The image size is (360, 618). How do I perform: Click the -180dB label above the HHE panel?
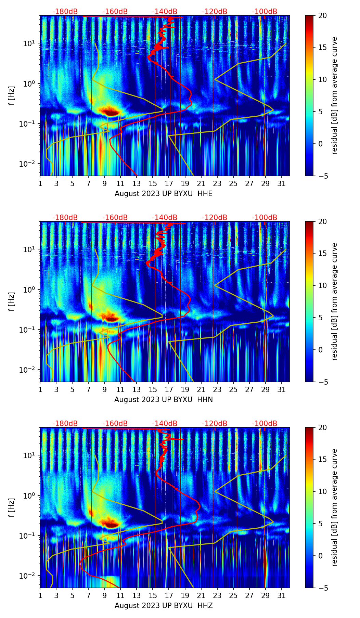tap(65, 12)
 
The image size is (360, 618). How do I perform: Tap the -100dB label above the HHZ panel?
tap(265, 424)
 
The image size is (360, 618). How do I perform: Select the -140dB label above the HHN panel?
tap(165, 218)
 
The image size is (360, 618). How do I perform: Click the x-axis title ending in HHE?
tap(163, 194)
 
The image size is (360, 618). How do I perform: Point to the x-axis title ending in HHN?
tap(163, 400)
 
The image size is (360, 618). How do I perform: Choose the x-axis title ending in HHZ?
tap(163, 606)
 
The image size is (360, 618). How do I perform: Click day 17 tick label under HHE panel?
tap(169, 183)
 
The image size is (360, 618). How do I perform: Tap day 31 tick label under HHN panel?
tap(281, 389)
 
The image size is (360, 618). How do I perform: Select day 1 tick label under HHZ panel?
tap(40, 595)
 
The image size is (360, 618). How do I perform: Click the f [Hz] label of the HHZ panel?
tap(12, 507)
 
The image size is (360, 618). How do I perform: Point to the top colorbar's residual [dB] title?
tap(334, 95)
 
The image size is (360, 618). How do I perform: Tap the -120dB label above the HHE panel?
tap(215, 12)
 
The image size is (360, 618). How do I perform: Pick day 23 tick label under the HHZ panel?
tap(217, 595)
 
